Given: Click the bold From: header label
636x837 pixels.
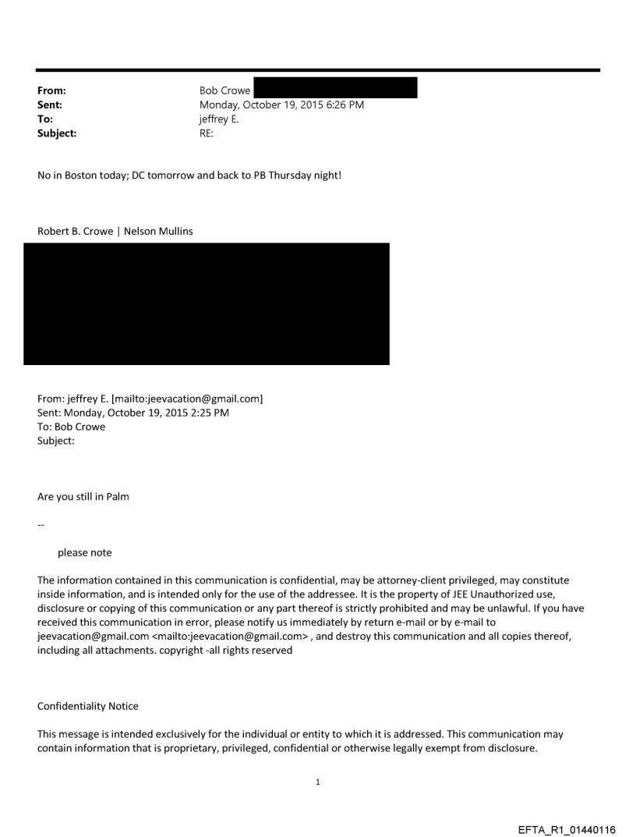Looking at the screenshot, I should [x=51, y=90].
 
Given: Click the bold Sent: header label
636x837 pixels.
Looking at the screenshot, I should [x=50, y=105].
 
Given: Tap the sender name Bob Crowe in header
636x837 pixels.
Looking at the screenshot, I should [x=224, y=90].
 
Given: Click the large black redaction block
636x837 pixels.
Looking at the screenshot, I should [x=207, y=303].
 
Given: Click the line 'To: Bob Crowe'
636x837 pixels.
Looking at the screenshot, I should [x=71, y=427].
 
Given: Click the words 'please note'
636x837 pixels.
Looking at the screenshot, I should [x=84, y=552].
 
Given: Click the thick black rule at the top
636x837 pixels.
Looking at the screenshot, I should [x=318, y=70].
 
